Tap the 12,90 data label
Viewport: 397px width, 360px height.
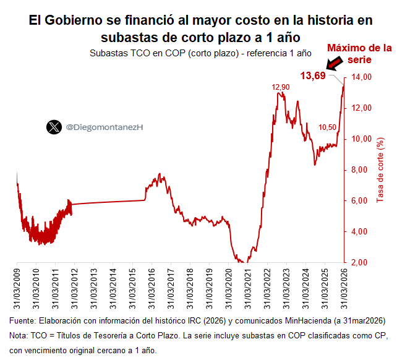point(280,87)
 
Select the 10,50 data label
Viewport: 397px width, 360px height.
point(327,127)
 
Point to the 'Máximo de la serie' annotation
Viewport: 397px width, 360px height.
point(359,54)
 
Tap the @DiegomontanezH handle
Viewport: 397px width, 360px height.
point(104,127)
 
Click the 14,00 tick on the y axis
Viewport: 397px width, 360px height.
point(362,77)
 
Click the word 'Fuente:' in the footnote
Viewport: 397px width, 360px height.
point(22,321)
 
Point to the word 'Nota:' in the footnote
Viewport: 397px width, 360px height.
point(19,336)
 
